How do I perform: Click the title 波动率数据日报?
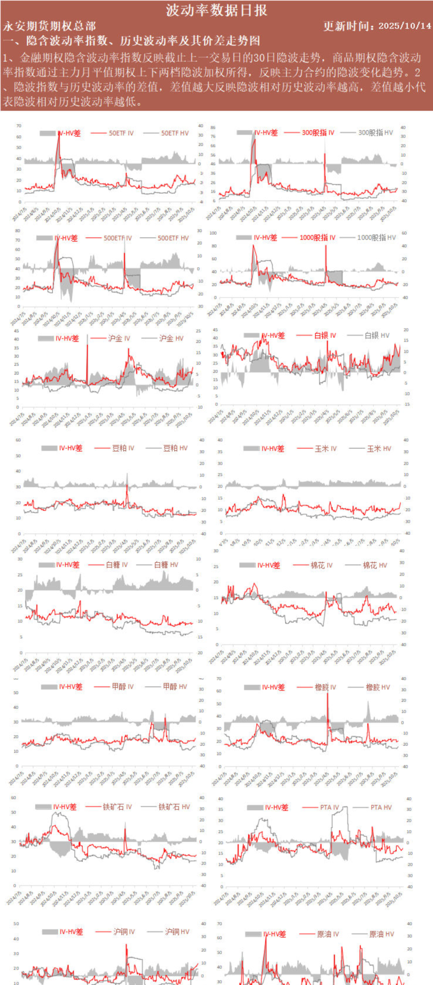point(216,10)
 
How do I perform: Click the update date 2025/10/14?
point(404,26)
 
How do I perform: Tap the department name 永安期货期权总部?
point(49,26)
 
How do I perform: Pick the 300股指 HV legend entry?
point(375,133)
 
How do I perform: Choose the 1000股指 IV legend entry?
point(317,237)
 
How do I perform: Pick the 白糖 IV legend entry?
point(116,565)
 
